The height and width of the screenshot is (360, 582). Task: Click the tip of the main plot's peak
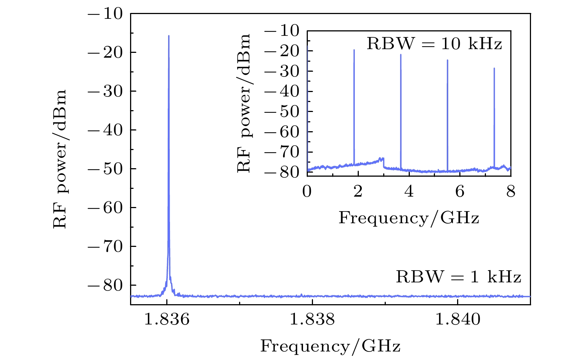pyautogui.click(x=169, y=36)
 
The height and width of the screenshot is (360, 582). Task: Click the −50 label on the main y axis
pyautogui.click(x=105, y=169)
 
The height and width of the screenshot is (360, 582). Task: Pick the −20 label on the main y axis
pyautogui.click(x=105, y=52)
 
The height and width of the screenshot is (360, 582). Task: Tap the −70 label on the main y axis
pyautogui.click(x=105, y=247)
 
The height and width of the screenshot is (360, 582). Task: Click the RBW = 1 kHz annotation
pyautogui.click(x=459, y=277)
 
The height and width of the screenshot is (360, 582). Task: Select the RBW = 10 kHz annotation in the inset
pyautogui.click(x=434, y=44)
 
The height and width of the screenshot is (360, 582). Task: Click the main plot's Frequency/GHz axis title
pyautogui.click(x=330, y=347)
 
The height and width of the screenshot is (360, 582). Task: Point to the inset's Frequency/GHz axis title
pyautogui.click(x=409, y=218)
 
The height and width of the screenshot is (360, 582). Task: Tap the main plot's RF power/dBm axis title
pyautogui.click(x=60, y=159)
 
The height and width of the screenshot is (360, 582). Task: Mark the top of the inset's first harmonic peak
pyautogui.click(x=354, y=50)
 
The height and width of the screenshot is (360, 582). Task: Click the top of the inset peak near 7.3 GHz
pyautogui.click(x=494, y=68)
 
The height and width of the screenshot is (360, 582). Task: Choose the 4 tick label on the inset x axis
pyautogui.click(x=409, y=192)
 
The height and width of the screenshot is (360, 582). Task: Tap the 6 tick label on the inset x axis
pyautogui.click(x=460, y=192)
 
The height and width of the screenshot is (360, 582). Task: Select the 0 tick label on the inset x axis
pyautogui.click(x=307, y=192)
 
